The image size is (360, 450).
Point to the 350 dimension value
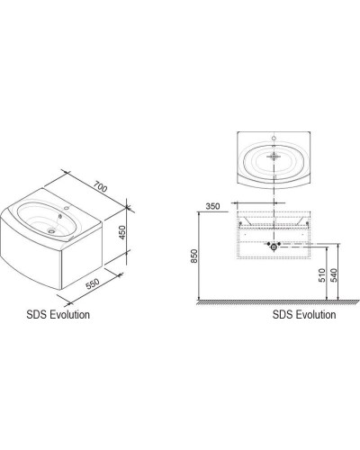pyautogui.click(x=213, y=207)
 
